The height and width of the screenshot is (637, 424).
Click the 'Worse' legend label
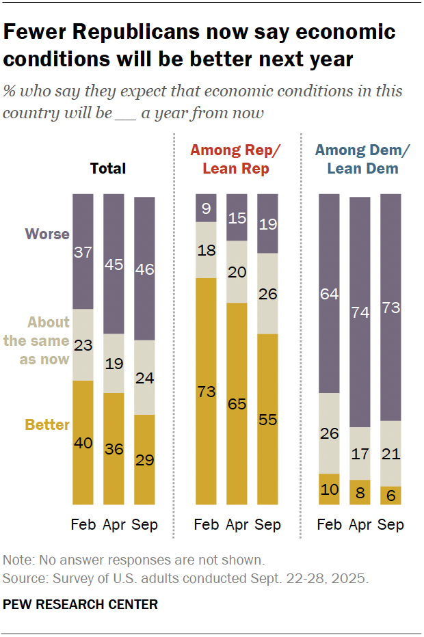(47, 234)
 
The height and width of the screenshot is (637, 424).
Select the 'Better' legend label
(47, 424)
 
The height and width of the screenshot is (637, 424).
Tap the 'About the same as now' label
(44, 340)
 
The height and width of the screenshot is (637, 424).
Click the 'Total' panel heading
(108, 168)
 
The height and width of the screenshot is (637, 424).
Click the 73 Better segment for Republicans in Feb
(206, 392)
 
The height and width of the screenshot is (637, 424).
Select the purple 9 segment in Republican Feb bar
(206, 208)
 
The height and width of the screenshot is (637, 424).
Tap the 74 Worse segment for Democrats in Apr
(360, 312)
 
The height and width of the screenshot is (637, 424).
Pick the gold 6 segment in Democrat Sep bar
(390, 496)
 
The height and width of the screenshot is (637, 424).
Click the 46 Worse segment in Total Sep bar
(144, 269)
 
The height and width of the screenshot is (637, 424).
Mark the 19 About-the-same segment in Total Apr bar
(114, 363)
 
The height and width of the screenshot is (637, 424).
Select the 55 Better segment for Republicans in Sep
(267, 420)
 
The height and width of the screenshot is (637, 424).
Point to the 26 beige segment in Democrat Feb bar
(330, 433)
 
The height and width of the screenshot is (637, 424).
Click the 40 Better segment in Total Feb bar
(83, 443)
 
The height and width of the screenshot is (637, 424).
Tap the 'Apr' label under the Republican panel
(237, 525)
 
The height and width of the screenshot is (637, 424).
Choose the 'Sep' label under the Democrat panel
(390, 525)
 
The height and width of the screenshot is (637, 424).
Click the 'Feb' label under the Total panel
(83, 525)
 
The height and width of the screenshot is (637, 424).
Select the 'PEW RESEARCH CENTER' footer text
(80, 604)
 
